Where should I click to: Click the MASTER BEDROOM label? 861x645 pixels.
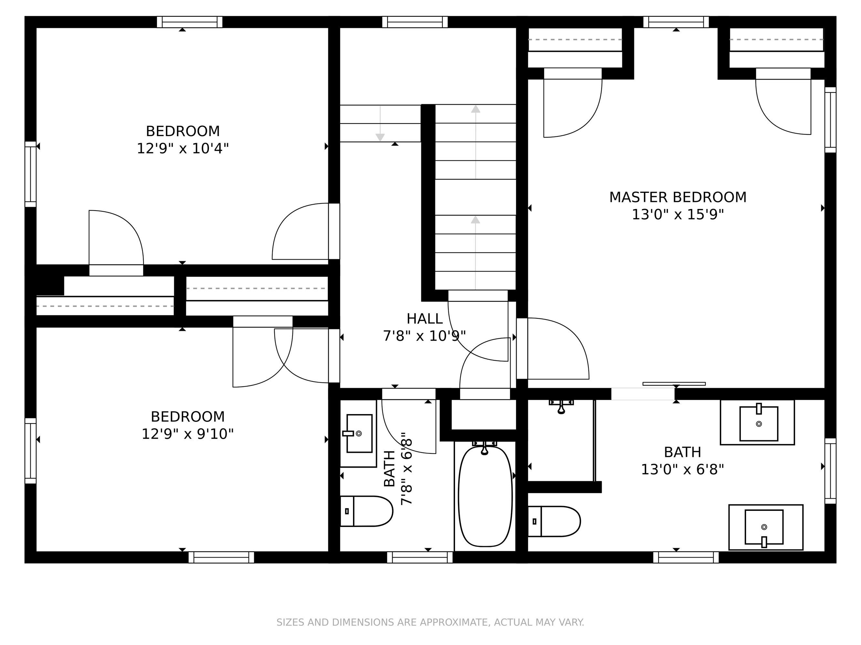point(678,197)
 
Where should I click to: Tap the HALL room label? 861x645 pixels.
point(424,319)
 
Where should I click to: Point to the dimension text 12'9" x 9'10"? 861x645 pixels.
point(187,434)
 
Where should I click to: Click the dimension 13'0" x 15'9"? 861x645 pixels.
point(678,214)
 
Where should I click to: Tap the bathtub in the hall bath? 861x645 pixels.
point(485,496)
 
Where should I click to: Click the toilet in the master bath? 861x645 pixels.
point(554,521)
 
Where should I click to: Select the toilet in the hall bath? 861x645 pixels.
point(366,511)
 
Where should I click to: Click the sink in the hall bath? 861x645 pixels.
point(358,433)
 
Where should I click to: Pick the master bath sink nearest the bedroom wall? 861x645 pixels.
point(757,422)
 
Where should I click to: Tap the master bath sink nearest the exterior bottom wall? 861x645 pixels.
point(766,527)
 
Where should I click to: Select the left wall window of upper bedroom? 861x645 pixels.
point(30,174)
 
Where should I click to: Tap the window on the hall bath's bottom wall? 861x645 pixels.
point(420,557)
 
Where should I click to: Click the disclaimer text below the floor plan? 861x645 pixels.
point(430,622)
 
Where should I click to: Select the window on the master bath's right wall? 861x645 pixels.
point(830,471)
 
